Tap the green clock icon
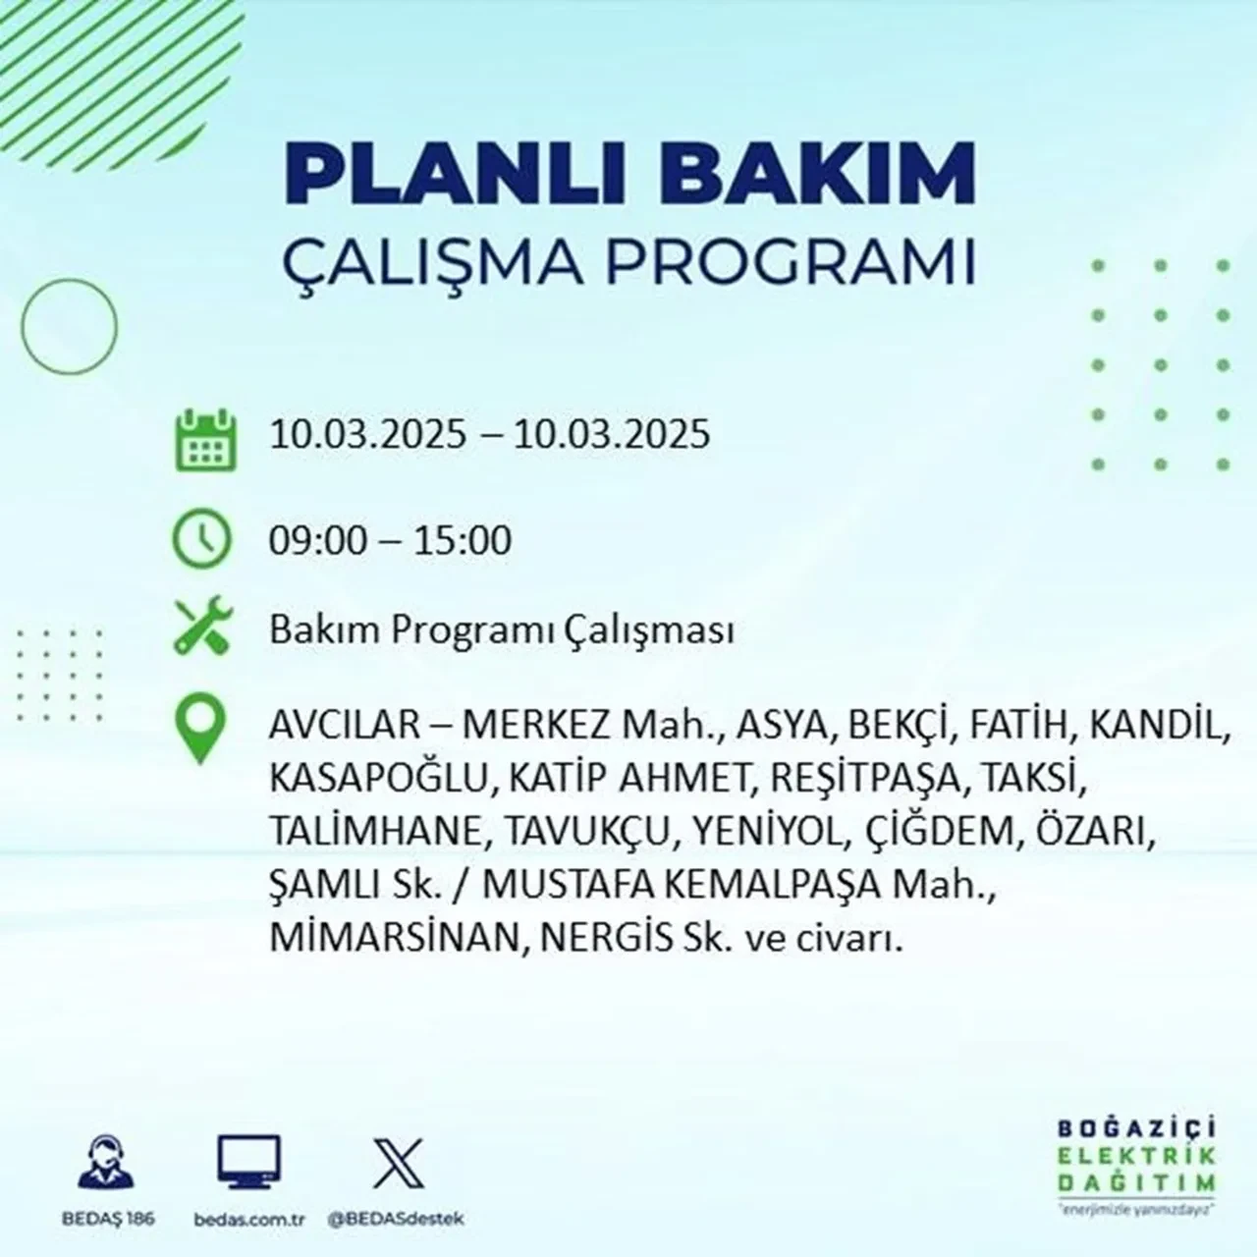pos(202,540)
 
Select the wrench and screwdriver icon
pos(202,629)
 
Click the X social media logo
pos(399,1164)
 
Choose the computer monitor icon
pos(248,1163)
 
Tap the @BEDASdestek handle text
pos(396,1219)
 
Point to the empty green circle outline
pos(69,325)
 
